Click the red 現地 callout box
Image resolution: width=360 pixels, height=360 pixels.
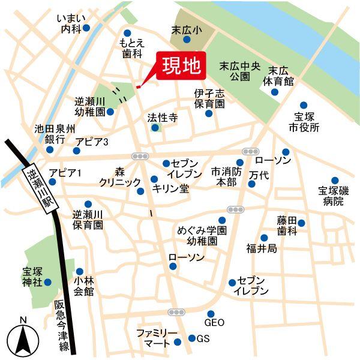coord(181,66)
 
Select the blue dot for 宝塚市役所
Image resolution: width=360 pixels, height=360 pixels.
coord(303,104)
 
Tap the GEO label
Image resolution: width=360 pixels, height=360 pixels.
coord(215,323)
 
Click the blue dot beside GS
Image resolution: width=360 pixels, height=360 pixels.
coord(192,338)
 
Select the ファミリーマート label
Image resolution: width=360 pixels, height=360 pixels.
coord(156,338)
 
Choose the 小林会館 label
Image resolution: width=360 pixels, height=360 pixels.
coord(84,286)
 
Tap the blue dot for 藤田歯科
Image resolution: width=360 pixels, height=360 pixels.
coord(301,223)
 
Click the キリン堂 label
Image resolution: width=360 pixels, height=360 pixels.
coord(171,188)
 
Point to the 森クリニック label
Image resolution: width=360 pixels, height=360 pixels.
coord(120,177)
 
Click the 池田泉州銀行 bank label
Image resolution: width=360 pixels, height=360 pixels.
coord(55,134)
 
